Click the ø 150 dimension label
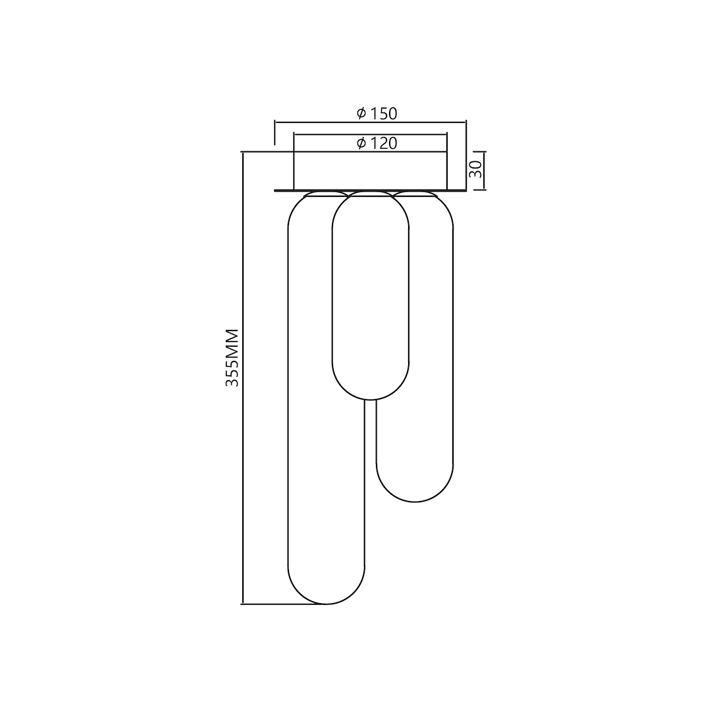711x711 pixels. click(377, 113)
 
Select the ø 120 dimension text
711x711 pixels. click(377, 143)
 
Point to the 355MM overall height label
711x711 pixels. click(232, 357)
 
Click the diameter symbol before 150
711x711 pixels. click(361, 113)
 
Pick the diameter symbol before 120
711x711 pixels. click(361, 143)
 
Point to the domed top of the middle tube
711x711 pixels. click(371, 201)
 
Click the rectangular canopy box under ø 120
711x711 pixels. click(370, 171)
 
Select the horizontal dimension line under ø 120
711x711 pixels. click(370, 134)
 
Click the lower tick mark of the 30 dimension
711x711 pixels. click(480, 190)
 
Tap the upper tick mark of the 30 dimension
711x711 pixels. click(480, 152)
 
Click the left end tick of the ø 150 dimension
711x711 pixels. click(275, 132)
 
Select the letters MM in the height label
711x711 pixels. click(232, 342)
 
